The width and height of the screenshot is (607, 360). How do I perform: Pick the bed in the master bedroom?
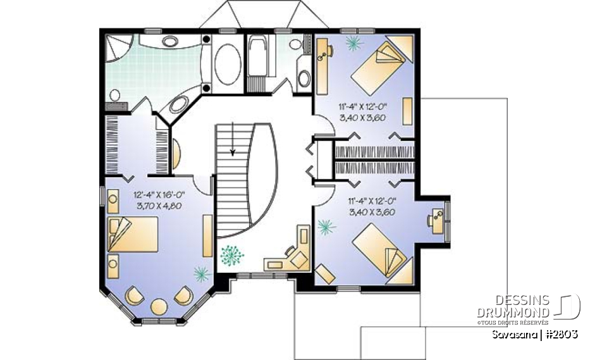pos(132,235)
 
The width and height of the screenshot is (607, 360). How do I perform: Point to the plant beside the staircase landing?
pos(231,256)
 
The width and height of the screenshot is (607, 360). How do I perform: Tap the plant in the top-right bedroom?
pos(353,42)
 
